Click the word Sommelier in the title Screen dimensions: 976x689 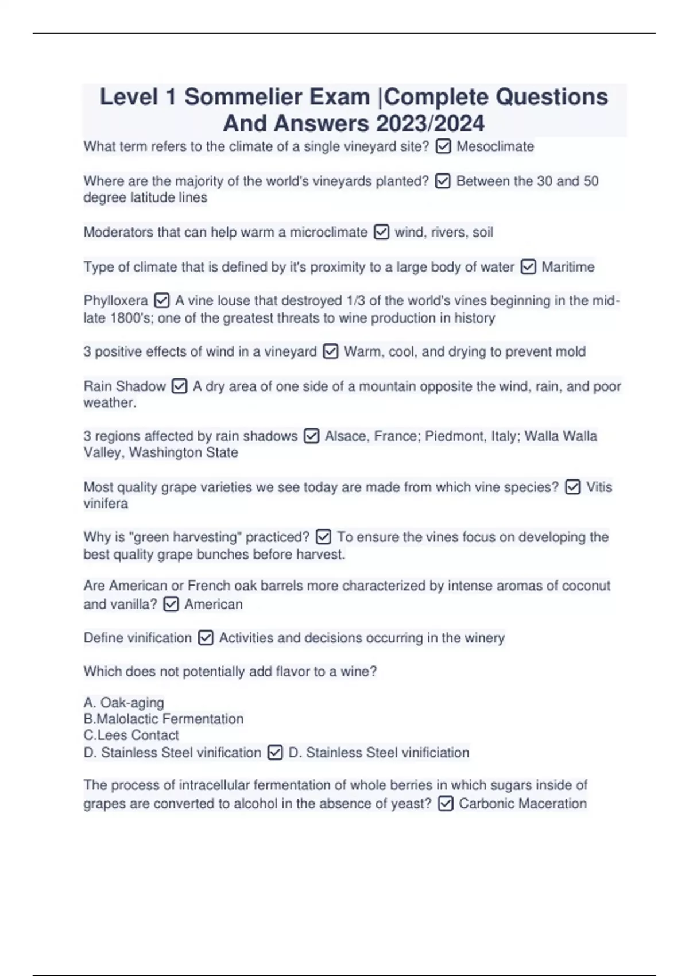(245, 97)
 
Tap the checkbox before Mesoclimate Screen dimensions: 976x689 (443, 147)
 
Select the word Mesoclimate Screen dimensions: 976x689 (495, 147)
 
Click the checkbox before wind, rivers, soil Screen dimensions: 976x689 (381, 233)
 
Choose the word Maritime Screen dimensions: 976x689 (568, 267)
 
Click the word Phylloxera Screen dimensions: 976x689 (115, 301)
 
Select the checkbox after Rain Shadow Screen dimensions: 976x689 (179, 386)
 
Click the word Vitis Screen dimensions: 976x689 (599, 487)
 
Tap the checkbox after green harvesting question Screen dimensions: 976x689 (323, 537)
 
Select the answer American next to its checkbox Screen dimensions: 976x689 (213, 605)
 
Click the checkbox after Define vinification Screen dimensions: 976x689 (206, 638)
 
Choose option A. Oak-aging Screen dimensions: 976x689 (123, 703)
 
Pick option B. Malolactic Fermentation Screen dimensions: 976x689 (164, 719)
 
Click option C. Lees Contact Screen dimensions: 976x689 (131, 735)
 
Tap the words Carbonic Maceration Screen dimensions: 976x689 (522, 804)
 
